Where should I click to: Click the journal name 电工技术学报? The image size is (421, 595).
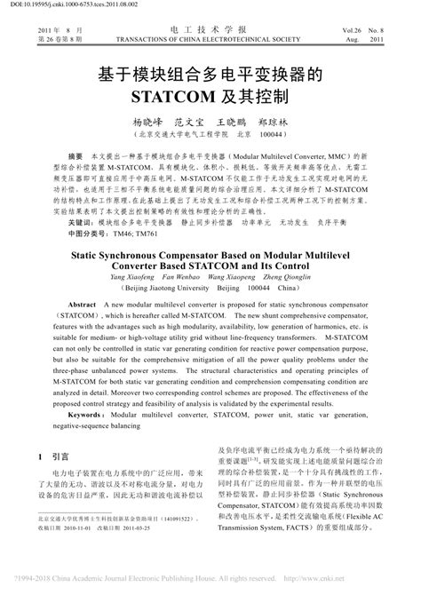coord(210,29)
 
